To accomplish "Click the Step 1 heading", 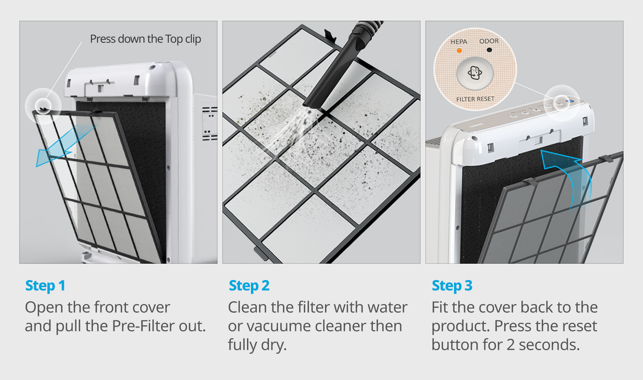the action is [x=45, y=286].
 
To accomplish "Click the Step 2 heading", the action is [x=249, y=286].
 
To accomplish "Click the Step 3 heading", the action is [x=452, y=286].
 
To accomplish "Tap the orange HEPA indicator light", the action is [x=459, y=51].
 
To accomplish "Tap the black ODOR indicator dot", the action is [x=489, y=50].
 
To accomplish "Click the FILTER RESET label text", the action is [x=475, y=99].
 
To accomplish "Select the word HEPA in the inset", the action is [x=459, y=42].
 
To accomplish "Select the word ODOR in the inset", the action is [x=489, y=41].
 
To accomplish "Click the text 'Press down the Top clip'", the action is [x=145, y=39].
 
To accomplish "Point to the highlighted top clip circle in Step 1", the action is [x=43, y=106].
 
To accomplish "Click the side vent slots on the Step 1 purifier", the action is [x=210, y=124].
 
